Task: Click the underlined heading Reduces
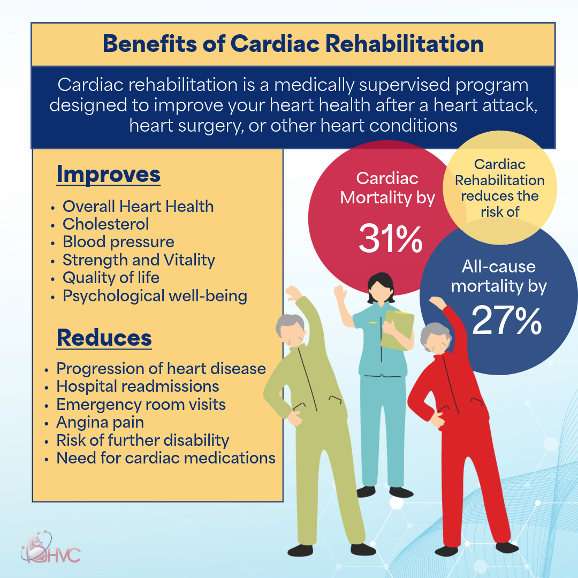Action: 104,338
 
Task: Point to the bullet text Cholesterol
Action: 106,224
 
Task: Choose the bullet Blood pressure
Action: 118,242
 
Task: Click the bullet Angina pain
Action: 100,422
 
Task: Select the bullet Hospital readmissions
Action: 138,386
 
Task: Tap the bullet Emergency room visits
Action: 141,404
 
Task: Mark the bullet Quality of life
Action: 111,278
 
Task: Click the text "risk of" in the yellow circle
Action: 500,211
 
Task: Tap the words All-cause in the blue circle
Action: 498,267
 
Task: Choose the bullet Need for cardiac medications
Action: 166,458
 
